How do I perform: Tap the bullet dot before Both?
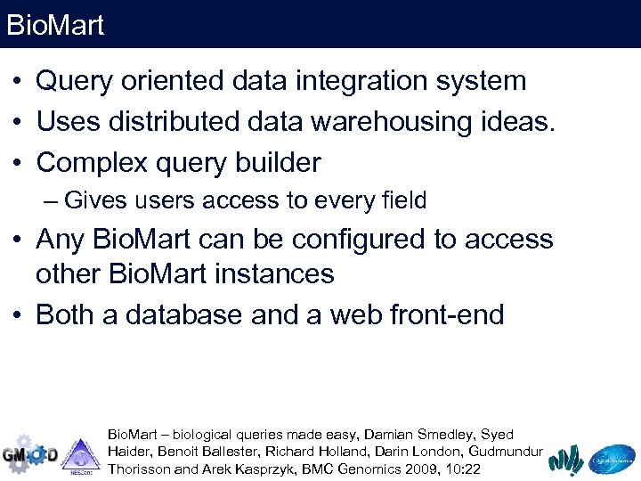click(x=17, y=315)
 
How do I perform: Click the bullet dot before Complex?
click(x=17, y=164)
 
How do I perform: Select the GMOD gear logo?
click(x=29, y=454)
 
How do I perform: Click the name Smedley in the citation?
click(x=444, y=435)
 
